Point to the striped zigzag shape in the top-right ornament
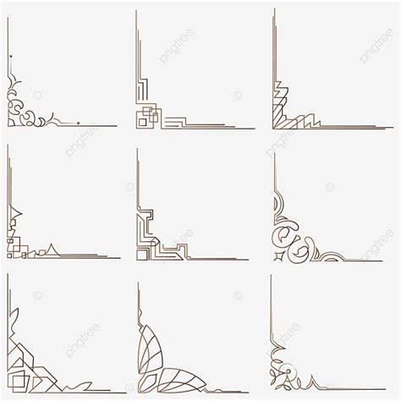tap(288, 110)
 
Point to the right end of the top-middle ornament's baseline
tap(254, 128)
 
